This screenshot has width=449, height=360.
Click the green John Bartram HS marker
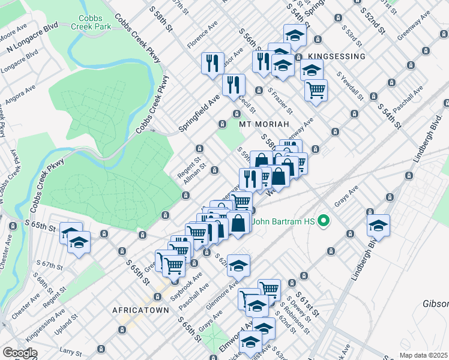(x=325, y=221)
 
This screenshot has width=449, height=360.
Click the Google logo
(x=20, y=353)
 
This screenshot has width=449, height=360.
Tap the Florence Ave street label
(x=202, y=37)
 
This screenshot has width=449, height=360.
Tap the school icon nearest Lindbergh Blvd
(x=378, y=226)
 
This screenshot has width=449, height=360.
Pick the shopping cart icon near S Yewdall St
(x=316, y=90)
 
